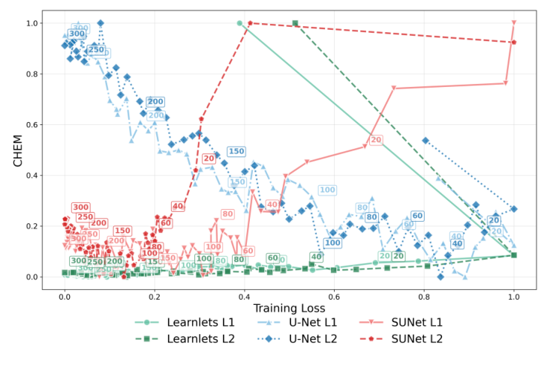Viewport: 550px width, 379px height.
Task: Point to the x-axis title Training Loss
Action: coord(289,307)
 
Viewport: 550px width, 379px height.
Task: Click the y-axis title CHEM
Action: coord(17,150)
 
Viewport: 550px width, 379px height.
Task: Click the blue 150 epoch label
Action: coord(236,151)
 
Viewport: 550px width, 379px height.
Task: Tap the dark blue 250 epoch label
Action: coord(96,50)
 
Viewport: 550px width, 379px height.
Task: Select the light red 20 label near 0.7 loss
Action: coord(376,140)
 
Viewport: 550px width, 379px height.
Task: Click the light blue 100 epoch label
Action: coord(327,190)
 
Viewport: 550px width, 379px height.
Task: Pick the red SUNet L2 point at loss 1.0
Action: coord(513,42)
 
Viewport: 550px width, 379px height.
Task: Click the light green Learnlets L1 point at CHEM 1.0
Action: coord(239,23)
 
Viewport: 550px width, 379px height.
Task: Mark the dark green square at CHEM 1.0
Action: coord(295,23)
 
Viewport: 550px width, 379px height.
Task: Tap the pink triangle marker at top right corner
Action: coord(514,23)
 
